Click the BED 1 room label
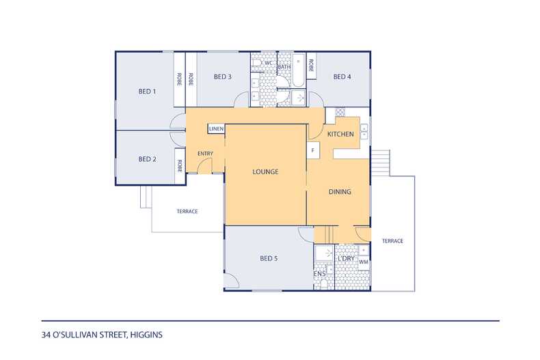click(x=147, y=92)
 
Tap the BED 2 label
click(x=147, y=159)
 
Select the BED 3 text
click(x=222, y=77)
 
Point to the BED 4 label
click(x=342, y=77)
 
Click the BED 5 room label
click(x=269, y=258)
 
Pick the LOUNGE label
click(x=265, y=171)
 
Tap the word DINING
click(x=340, y=192)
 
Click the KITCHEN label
click(x=340, y=134)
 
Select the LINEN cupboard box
click(x=216, y=128)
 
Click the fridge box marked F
click(x=313, y=150)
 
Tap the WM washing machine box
click(x=364, y=262)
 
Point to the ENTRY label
click(x=205, y=154)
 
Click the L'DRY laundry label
click(x=346, y=258)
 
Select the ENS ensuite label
click(x=320, y=274)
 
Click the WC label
click(x=268, y=63)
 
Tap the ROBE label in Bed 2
click(x=179, y=166)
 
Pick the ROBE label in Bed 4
click(x=311, y=66)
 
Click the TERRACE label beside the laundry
click(x=392, y=241)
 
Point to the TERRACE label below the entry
click(x=187, y=211)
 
